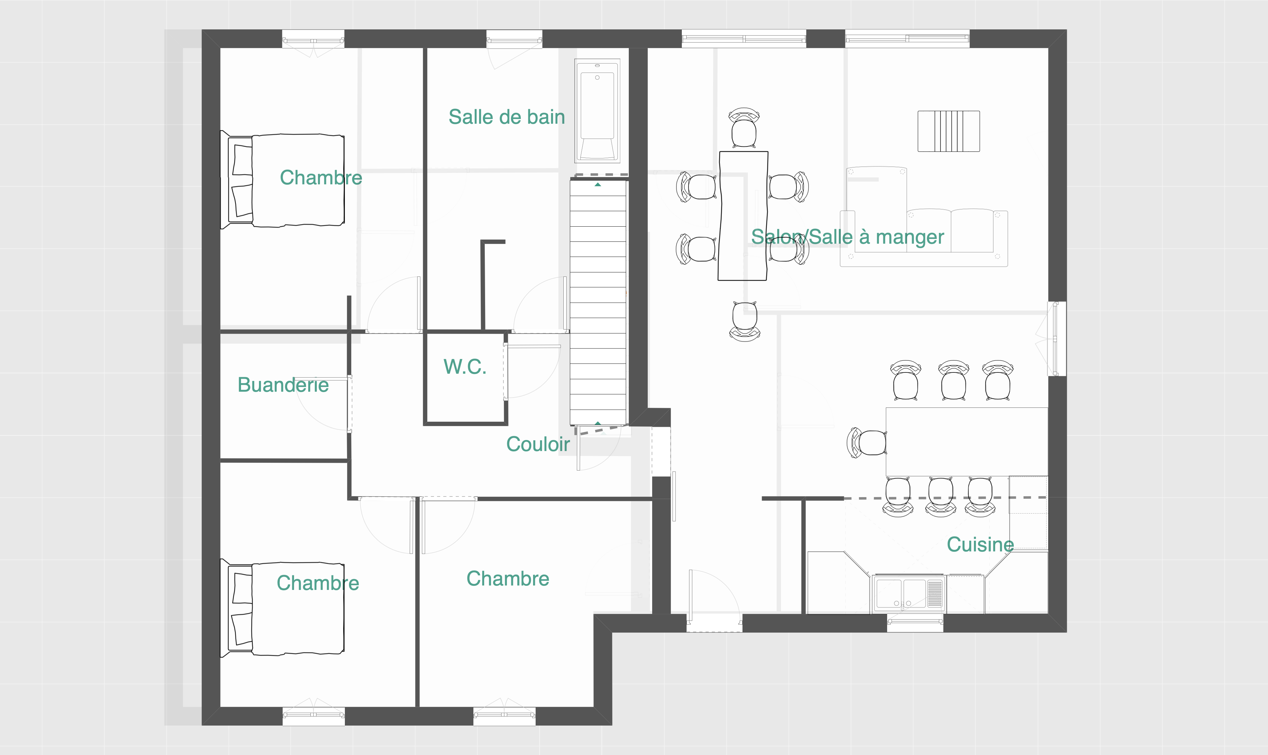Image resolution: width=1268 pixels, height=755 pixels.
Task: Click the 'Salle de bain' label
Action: pos(507,117)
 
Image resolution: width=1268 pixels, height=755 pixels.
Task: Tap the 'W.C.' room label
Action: pos(465,367)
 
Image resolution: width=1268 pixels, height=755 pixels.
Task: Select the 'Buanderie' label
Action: pos(283,385)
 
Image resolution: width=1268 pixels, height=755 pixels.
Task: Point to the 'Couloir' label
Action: pos(538,444)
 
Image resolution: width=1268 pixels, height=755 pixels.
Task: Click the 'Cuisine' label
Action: pos(980,544)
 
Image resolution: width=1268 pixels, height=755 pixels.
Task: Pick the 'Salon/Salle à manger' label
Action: pos(848,237)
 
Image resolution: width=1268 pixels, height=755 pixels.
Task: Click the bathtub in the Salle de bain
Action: pos(598,110)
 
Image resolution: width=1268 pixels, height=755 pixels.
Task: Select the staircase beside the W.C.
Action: pos(598,303)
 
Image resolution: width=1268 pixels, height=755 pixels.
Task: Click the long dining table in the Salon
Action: pos(743,216)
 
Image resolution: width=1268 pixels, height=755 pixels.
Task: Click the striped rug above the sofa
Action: pos(949,131)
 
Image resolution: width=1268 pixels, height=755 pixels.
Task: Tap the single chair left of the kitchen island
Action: pos(867,443)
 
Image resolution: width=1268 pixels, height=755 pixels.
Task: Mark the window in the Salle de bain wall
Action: pos(514,39)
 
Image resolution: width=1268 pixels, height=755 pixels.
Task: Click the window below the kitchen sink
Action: pos(915,623)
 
